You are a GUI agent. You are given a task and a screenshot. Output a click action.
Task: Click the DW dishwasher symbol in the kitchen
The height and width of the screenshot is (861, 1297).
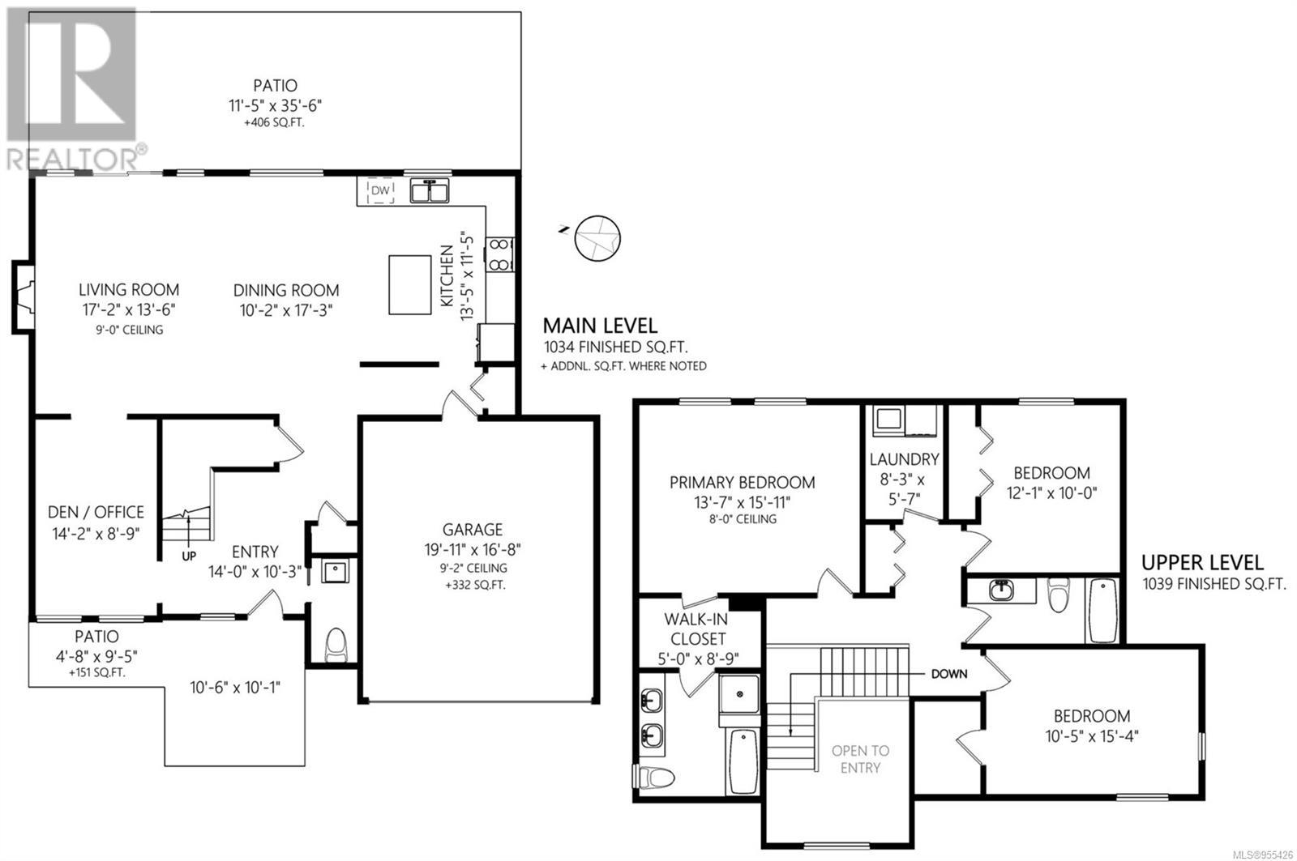click(x=380, y=191)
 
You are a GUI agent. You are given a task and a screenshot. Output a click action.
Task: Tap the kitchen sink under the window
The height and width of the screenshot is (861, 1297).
click(x=429, y=191)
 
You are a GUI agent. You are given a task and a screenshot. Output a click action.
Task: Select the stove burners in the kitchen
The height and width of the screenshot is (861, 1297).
click(x=499, y=254)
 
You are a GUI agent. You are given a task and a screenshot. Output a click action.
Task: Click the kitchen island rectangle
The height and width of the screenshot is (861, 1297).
click(x=410, y=285)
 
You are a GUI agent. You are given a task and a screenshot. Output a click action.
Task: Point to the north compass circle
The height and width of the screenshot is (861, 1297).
click(x=597, y=238)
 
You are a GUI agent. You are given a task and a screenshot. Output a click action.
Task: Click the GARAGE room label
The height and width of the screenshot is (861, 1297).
click(x=473, y=530)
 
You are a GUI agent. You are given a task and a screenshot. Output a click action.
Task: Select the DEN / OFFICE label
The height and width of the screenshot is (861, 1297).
click(x=96, y=512)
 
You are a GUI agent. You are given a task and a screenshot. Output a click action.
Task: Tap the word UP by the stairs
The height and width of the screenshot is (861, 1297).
click(x=189, y=556)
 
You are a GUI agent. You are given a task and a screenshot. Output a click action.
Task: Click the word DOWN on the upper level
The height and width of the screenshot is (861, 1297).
click(x=949, y=674)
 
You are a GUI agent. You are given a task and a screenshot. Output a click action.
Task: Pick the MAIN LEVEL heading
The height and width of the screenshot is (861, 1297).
click(x=600, y=326)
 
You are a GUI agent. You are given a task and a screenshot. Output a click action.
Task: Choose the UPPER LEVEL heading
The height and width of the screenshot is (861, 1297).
click(x=1203, y=562)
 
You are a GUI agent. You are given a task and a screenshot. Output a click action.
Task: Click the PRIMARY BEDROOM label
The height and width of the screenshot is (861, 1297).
click(x=743, y=482)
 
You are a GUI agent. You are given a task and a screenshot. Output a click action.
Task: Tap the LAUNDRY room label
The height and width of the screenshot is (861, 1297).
click(x=905, y=459)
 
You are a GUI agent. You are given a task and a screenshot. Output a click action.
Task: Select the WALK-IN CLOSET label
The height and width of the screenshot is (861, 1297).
click(x=696, y=629)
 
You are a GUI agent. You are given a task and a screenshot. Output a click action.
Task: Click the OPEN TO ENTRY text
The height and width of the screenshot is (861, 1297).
click(x=860, y=759)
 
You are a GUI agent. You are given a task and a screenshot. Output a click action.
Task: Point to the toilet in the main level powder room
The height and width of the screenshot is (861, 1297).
click(x=336, y=645)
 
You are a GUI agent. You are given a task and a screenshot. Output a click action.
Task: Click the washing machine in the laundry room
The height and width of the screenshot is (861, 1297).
click(x=888, y=419)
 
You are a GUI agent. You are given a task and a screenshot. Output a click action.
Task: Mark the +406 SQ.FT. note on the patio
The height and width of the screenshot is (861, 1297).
click(x=274, y=122)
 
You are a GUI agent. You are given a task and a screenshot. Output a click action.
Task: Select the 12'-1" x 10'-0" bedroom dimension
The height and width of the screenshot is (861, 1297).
click(x=1052, y=493)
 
